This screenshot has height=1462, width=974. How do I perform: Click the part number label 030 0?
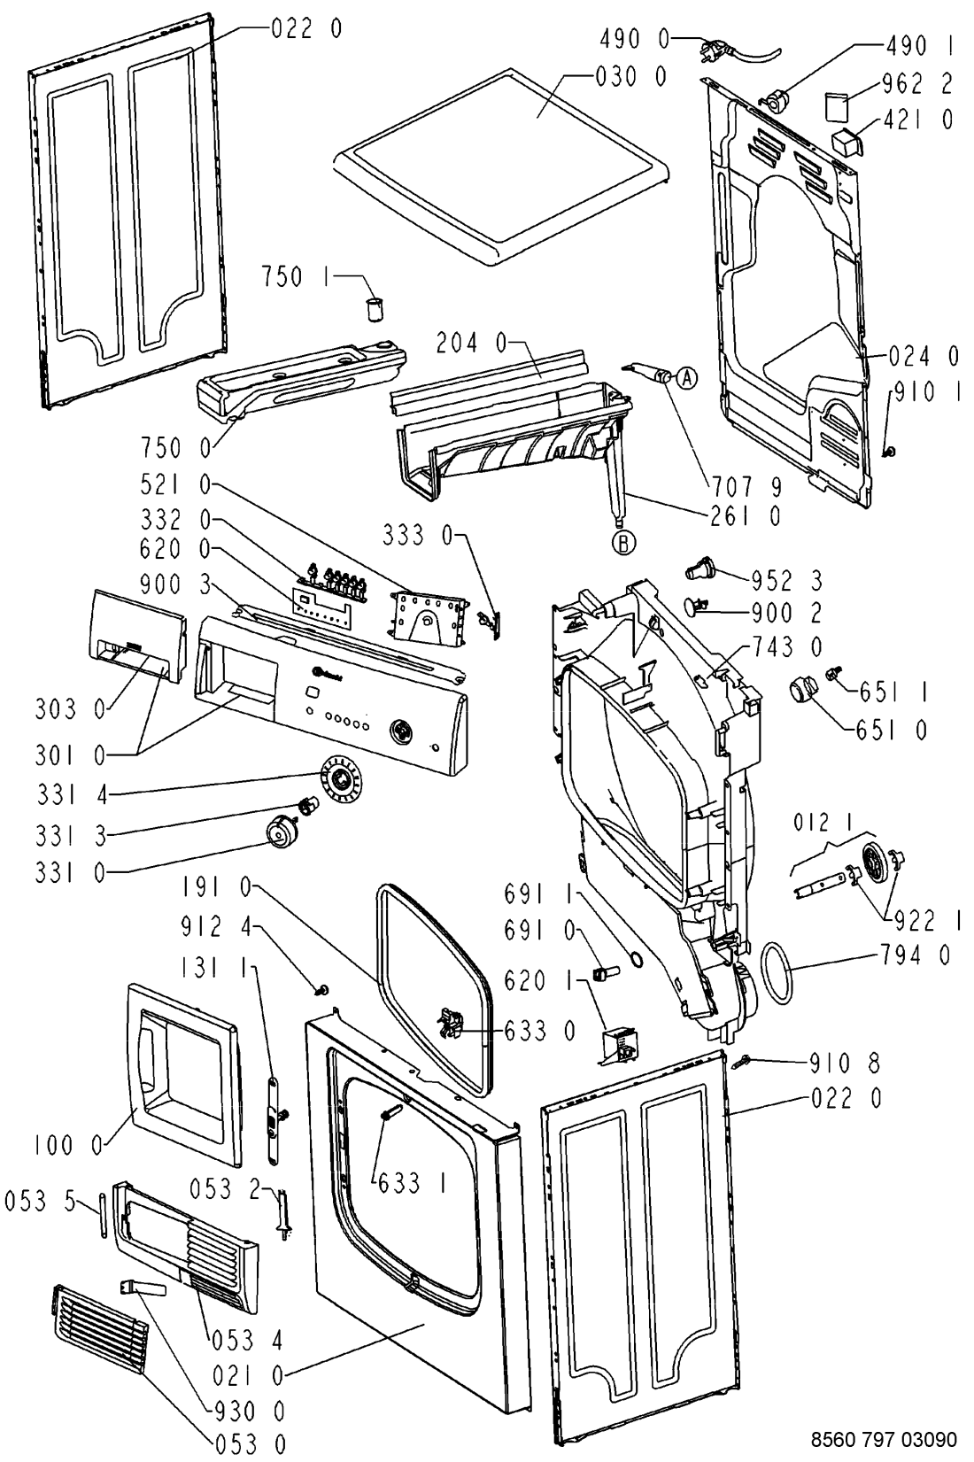[631, 78]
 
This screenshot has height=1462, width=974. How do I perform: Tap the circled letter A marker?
[687, 379]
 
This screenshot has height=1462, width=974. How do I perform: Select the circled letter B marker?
[625, 543]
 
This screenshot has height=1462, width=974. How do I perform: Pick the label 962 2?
[917, 84]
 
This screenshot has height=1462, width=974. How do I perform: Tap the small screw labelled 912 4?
[323, 988]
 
